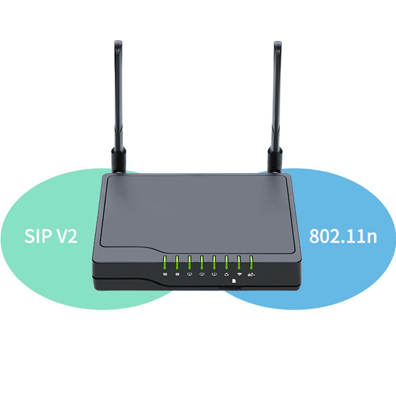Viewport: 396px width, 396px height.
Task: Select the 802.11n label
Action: point(343,236)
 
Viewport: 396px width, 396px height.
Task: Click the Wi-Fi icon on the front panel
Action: point(239,274)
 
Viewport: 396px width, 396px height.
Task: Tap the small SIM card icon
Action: point(233,280)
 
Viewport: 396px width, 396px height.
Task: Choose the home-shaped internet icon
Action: point(227,274)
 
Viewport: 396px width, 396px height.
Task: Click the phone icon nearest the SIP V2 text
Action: point(164,274)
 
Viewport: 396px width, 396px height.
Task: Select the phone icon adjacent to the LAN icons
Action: point(177,274)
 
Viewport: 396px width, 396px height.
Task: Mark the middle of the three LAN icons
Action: point(201,274)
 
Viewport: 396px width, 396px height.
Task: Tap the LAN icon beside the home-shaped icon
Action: point(214,274)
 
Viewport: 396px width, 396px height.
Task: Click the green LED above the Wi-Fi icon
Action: point(239,261)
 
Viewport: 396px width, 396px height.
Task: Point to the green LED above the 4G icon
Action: point(251,261)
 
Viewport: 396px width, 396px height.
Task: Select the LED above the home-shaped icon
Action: point(227,261)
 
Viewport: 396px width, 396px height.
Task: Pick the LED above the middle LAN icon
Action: point(201,261)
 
